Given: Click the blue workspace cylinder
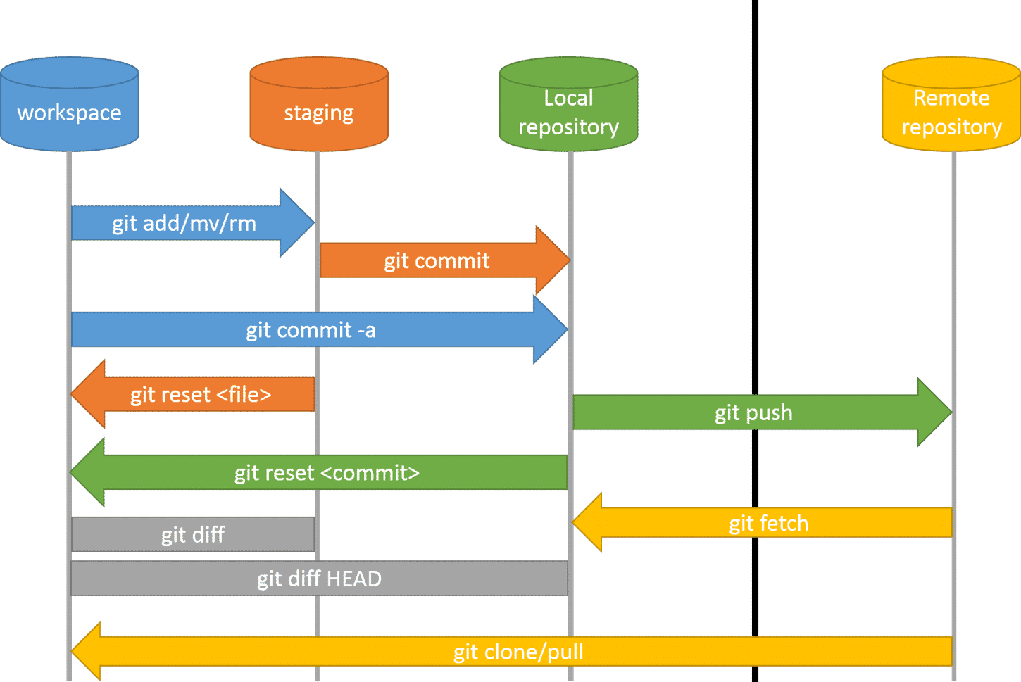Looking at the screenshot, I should coord(69,106).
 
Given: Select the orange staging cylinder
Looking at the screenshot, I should coord(318,106).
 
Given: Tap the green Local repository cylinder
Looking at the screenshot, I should coord(568,106).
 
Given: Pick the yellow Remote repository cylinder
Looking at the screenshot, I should coord(951,106).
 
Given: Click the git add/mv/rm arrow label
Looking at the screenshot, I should coord(184,223).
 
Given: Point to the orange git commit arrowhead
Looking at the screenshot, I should coord(553,260).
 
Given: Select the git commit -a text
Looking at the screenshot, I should coord(311,329).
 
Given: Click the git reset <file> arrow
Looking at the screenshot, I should coord(201,394).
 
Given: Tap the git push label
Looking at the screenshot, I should coord(753,412).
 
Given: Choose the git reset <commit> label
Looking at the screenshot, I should coord(327,472).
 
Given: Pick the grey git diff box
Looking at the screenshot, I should coord(192,535).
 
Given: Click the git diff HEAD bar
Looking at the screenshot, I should coord(319,579).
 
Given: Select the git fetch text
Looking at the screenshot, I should coord(768,523).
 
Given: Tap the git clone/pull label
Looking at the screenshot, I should coord(518,652).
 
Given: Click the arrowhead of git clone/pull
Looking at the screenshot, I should coord(86,651).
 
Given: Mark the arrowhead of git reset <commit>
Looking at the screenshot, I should coord(87,472).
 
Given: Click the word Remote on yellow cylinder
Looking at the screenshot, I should coord(951,98).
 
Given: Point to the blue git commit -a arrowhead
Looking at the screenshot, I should coord(551,329).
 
